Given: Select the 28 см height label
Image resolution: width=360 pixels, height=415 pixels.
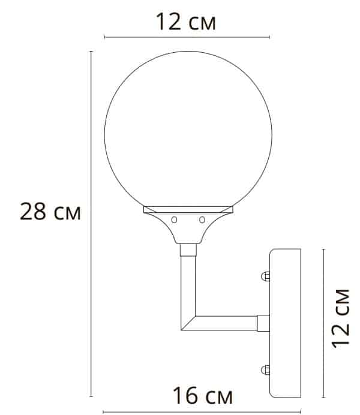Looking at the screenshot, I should pyautogui.click(x=50, y=212).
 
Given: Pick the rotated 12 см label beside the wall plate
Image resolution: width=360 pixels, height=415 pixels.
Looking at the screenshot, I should pyautogui.click(x=341, y=317).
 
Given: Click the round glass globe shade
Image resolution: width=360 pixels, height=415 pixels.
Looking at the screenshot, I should pyautogui.click(x=188, y=133).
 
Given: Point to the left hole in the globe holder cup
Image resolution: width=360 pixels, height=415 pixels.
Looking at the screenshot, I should pyautogui.click(x=174, y=219).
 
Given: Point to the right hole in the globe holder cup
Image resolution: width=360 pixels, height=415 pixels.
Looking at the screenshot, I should pyautogui.click(x=202, y=219).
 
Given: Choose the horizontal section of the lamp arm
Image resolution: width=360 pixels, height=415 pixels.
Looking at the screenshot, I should pyautogui.click(x=225, y=323).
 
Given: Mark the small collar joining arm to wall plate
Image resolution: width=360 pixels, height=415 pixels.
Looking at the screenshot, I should pyautogui.click(x=263, y=323).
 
